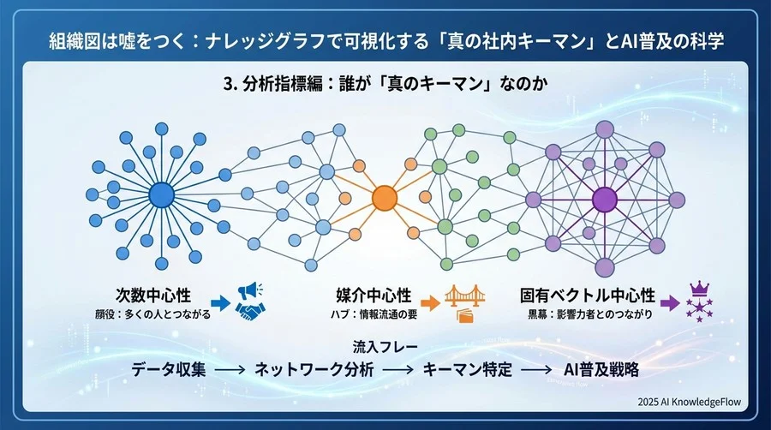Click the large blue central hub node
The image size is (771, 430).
point(159,196)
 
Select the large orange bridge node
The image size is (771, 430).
point(385,197)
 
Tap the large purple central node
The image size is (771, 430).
point(605,198)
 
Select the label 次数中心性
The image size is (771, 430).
point(156,296)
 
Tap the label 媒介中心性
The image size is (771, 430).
point(374,296)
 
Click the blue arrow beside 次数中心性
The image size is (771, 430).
point(219,302)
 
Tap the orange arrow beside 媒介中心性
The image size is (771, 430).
point(430,302)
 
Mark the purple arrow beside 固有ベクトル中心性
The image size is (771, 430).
point(668,302)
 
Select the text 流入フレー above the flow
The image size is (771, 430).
point(383,348)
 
